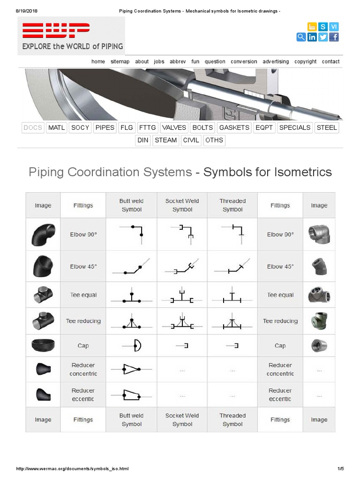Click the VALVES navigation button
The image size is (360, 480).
(174, 127)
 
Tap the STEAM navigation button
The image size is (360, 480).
(166, 140)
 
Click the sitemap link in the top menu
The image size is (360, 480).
(120, 61)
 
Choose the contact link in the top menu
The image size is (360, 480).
(330, 61)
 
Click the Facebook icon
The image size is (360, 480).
(334, 37)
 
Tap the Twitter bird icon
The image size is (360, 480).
(323, 37)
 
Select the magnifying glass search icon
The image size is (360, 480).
(301, 37)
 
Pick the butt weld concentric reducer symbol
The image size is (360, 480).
(132, 369)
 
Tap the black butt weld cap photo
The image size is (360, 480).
(43, 346)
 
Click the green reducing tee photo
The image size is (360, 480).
(319, 321)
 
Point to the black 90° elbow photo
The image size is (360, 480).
(43, 234)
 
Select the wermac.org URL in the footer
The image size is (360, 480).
(72, 468)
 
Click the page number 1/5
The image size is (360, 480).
(340, 468)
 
